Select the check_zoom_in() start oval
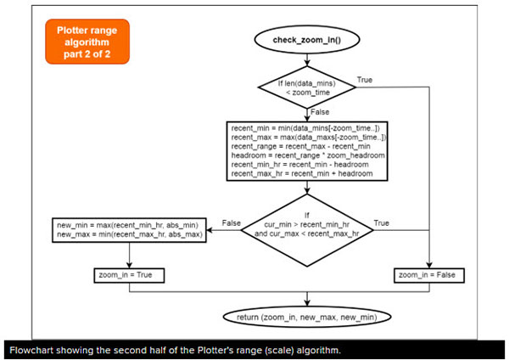pyautogui.click(x=308, y=41)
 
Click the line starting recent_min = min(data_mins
pyautogui.click(x=308, y=128)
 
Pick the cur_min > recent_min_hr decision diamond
pyautogui.click(x=308, y=222)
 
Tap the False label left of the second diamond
pyautogui.click(x=232, y=222)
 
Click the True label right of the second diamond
pyautogui.click(x=381, y=222)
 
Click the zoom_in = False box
pyautogui.click(x=433, y=276)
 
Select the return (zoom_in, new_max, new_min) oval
pyautogui.click(x=308, y=317)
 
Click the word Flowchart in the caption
pyautogui.click(x=32, y=350)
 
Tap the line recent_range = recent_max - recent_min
pyautogui.click(x=301, y=146)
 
